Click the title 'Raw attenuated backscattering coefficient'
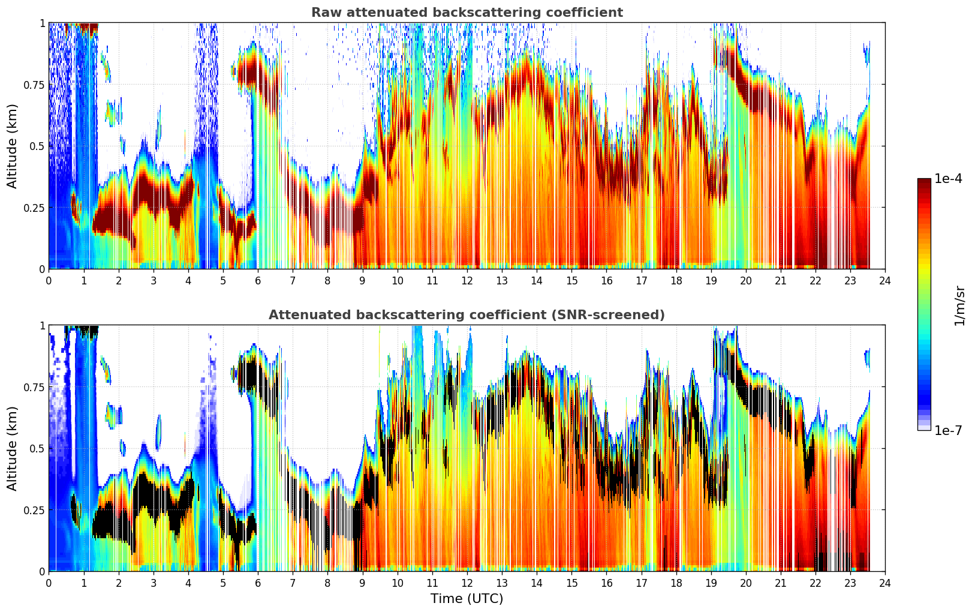[x=467, y=13]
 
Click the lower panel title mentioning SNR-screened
[x=467, y=315]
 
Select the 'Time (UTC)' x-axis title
[x=467, y=599]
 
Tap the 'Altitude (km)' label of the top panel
[x=13, y=146]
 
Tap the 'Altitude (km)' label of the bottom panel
[x=13, y=448]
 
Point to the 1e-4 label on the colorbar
[x=948, y=179]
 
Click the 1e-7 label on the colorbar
[x=948, y=430]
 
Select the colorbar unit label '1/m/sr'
[x=959, y=305]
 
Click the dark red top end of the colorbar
[x=924, y=181]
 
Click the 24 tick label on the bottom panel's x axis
[x=885, y=583]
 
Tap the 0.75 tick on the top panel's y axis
[x=33, y=85]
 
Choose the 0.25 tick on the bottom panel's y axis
[x=33, y=510]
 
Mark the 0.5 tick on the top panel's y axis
[x=36, y=146]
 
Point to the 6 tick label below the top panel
[x=258, y=280]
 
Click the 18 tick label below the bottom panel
[x=676, y=583]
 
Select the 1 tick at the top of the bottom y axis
[x=42, y=326]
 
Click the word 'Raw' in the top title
[x=324, y=13]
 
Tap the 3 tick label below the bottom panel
[x=154, y=583]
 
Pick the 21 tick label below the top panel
[x=781, y=280]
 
